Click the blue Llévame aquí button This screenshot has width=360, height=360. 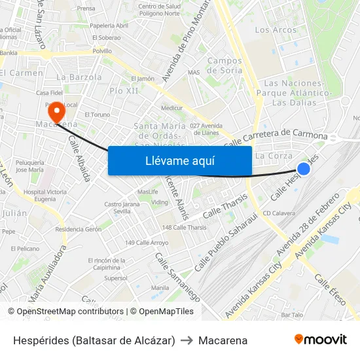click(179, 160)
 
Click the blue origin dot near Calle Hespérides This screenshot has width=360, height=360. click(304, 169)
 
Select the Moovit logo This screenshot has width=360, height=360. click(321, 340)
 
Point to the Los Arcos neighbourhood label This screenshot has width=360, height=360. click(276, 30)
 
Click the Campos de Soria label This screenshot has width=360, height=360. click(225, 65)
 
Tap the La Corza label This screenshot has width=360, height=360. click(274, 156)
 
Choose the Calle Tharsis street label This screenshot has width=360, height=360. click(225, 206)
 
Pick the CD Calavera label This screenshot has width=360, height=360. click(279, 213)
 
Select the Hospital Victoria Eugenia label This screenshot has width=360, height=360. click(45, 195)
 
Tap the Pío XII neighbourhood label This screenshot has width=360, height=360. click(124, 90)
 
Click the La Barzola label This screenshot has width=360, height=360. click(79, 77)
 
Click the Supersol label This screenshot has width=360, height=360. click(116, 278)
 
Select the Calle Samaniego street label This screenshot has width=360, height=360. click(177, 276)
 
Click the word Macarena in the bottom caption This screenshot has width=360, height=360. click(223, 340)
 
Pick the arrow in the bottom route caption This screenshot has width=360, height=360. click(187, 340)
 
